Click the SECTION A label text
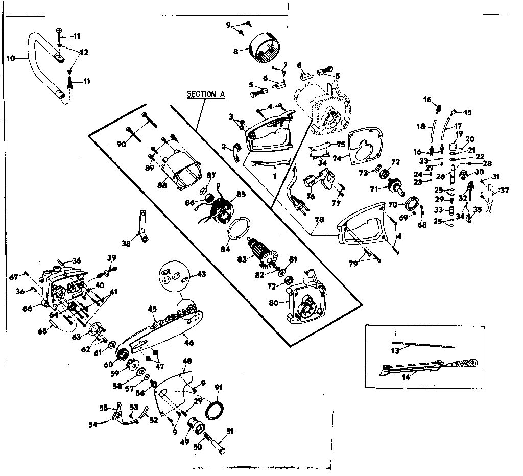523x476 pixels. click(x=206, y=94)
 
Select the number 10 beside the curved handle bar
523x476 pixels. click(x=10, y=58)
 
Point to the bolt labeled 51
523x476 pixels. click(x=221, y=443)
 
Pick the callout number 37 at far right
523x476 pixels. click(x=505, y=191)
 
